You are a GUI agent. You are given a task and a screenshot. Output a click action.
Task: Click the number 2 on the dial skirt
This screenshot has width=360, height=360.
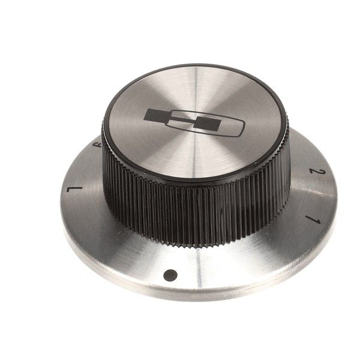313,173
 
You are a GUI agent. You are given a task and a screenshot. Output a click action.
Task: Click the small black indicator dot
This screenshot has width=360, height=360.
170,275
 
